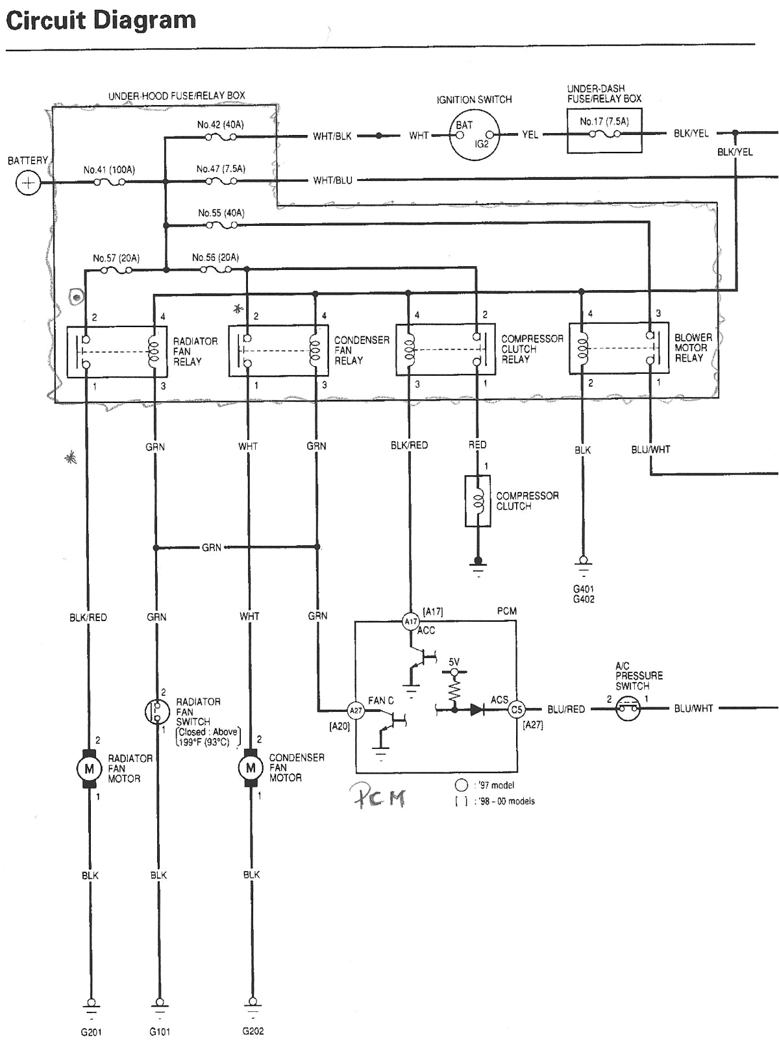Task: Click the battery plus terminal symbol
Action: pos(28,184)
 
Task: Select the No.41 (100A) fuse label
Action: pos(109,170)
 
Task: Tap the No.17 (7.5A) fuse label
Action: pos(604,121)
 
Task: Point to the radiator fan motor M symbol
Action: pos(89,769)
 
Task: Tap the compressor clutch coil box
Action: pos(478,501)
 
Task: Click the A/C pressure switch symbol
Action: pos(628,709)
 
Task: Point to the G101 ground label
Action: pos(160,1032)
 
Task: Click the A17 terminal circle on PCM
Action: pos(410,622)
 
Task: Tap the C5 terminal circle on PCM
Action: pos(516,709)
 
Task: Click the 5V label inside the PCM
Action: pos(454,662)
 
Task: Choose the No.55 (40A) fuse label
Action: pos(221,213)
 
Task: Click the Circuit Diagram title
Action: pos(101,21)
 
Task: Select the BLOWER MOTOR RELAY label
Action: pos(693,348)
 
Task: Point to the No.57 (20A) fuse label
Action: pos(116,258)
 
